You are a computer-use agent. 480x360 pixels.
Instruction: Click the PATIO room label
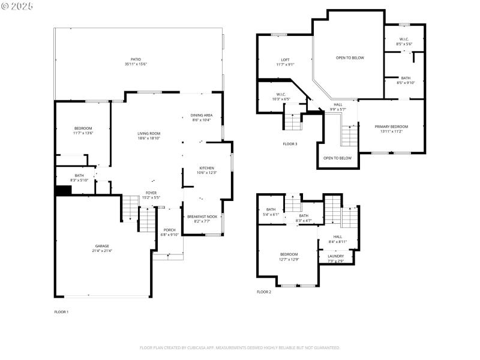coord(136,59)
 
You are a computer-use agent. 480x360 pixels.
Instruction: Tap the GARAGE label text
coord(101,246)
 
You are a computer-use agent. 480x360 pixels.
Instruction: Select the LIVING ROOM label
coord(148,134)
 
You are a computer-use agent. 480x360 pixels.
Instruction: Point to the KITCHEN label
coord(206,168)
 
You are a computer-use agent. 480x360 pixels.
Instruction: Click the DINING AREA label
coord(201,115)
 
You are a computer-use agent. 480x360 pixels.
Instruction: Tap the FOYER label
coord(151,193)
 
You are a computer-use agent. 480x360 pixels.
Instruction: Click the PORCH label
coord(170,230)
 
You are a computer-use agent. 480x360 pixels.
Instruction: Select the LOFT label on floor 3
coord(286,60)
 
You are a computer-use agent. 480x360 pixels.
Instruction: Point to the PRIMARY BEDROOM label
coord(391,127)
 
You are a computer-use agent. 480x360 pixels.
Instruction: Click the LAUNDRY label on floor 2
coord(335,256)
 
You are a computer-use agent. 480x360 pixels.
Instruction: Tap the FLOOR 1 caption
coord(61,312)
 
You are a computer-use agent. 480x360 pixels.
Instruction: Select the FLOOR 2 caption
coord(264,292)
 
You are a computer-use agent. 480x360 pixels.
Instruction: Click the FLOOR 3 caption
coord(290,144)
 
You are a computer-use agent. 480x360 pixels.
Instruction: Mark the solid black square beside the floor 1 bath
coord(63,190)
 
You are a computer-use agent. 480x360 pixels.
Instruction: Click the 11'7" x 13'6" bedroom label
coord(83,128)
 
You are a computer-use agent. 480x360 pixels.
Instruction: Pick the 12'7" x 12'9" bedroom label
coord(288,254)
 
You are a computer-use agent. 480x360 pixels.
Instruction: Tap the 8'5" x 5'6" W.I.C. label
coord(404,40)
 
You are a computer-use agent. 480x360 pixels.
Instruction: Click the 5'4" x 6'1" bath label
coord(271,209)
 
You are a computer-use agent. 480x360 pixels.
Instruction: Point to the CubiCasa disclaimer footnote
coord(240,347)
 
